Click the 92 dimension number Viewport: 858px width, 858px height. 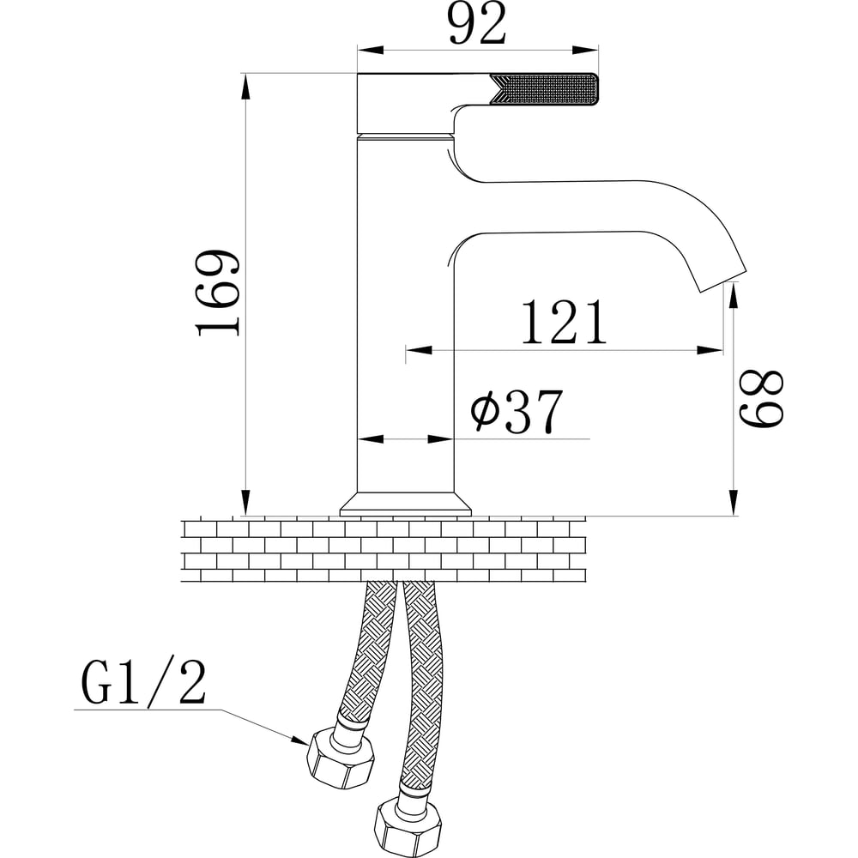tap(477, 25)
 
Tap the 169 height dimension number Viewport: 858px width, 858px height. tap(218, 293)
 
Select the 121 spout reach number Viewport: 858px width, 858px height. tap(565, 323)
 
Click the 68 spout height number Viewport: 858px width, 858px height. tap(762, 398)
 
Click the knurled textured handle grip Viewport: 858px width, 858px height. tap(545, 89)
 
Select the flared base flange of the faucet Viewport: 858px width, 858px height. tap(406, 504)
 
